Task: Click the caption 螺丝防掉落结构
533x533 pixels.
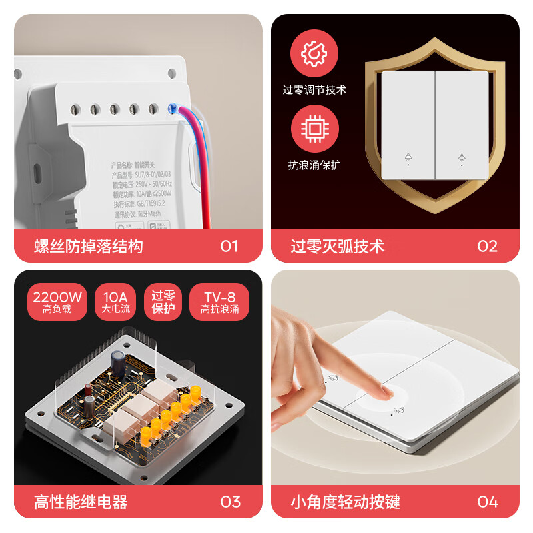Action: (x=89, y=247)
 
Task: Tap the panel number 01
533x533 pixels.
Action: (x=229, y=247)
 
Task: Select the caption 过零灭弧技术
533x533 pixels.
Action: (x=338, y=247)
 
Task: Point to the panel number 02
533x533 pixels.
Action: (x=487, y=247)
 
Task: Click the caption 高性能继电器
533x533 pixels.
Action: (x=81, y=502)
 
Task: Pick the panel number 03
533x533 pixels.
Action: (x=230, y=502)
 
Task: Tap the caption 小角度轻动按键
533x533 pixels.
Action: (x=346, y=502)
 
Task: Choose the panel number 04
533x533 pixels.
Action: (x=487, y=502)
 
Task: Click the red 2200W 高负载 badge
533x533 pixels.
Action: (x=57, y=302)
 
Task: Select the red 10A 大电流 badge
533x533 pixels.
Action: (x=116, y=302)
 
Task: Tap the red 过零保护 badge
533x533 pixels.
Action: (x=163, y=302)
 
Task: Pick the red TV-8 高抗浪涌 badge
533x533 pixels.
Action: (x=219, y=302)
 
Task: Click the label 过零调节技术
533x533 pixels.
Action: (x=314, y=89)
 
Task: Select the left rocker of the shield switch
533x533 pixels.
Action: (x=408, y=125)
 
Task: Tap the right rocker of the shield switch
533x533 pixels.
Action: (x=462, y=125)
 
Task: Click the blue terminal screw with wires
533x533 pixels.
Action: (x=174, y=109)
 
